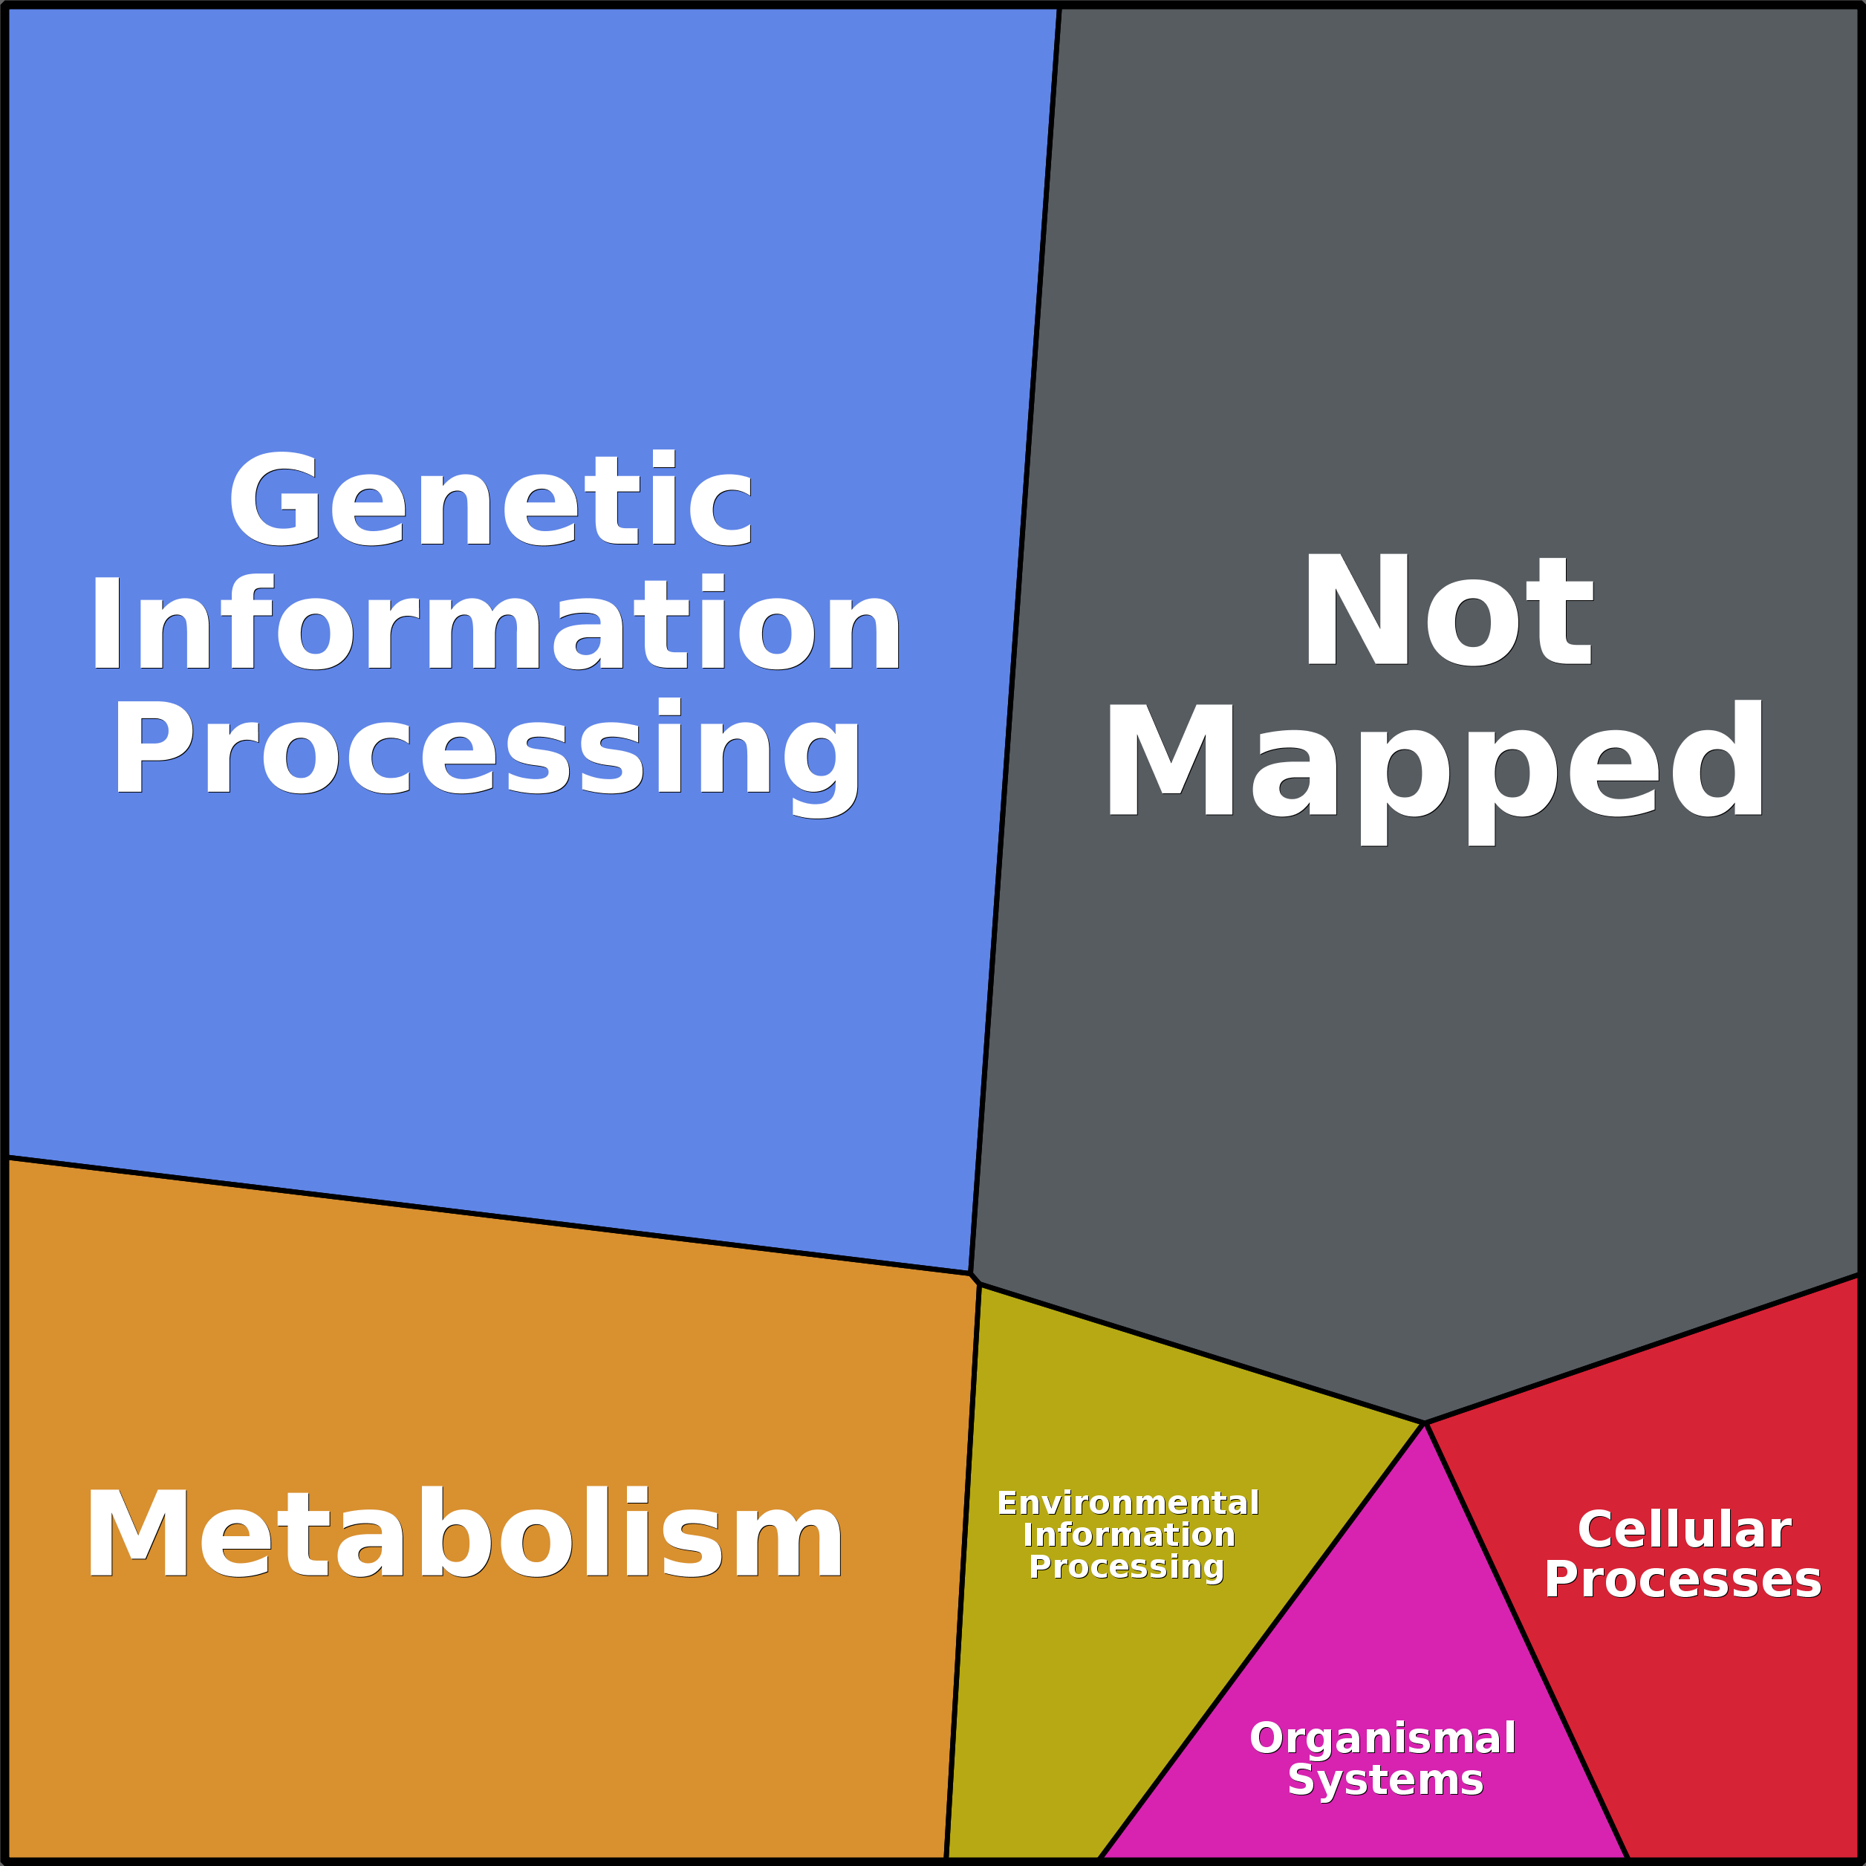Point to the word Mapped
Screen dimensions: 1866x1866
point(1435,763)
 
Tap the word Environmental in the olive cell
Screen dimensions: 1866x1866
point(1128,1503)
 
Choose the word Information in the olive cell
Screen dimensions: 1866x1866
point(1128,1535)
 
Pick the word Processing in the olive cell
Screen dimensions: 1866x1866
point(1126,1567)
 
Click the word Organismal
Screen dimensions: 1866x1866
point(1382,1737)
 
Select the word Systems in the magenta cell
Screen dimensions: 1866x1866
point(1385,1779)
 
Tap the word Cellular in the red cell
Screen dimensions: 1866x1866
point(1683,1530)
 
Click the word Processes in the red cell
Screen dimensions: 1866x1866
point(1683,1579)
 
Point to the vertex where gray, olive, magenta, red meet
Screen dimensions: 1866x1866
point(1425,1423)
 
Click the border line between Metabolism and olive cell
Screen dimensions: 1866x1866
point(962,1574)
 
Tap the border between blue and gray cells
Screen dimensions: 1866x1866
point(1014,637)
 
